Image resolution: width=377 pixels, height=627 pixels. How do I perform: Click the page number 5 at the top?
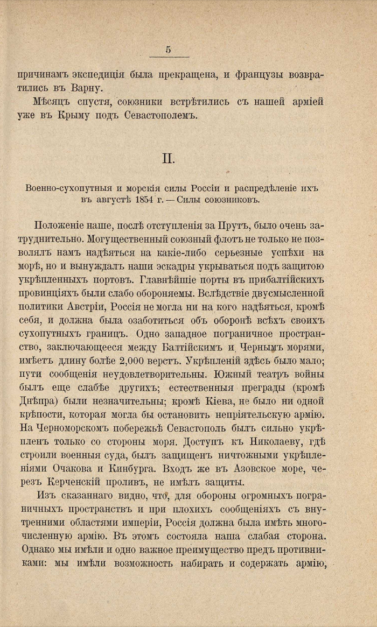pyautogui.click(x=168, y=50)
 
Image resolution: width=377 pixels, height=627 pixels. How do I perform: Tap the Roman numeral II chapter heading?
pyautogui.click(x=167, y=159)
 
